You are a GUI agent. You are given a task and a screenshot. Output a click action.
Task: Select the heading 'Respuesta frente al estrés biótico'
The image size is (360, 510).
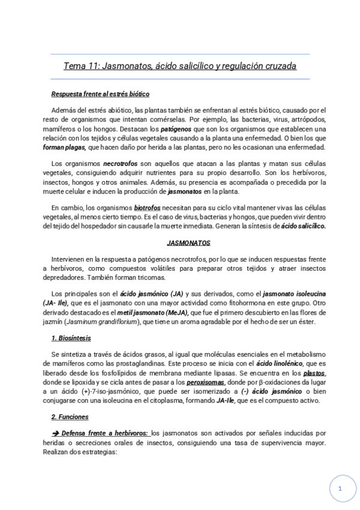pos(100,94)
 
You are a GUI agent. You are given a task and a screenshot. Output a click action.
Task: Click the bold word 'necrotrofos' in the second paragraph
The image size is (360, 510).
pos(120,164)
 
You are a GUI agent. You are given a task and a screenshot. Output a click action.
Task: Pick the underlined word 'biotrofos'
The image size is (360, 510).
pos(147,208)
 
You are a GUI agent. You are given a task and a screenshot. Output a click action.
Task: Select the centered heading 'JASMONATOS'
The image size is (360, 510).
pos(188,243)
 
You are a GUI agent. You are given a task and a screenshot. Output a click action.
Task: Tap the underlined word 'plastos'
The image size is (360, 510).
pos(313,373)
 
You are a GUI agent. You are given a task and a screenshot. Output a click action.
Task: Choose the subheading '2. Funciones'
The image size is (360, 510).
pos(70,416)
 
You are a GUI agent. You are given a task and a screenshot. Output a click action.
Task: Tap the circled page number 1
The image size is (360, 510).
pos(340,489)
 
